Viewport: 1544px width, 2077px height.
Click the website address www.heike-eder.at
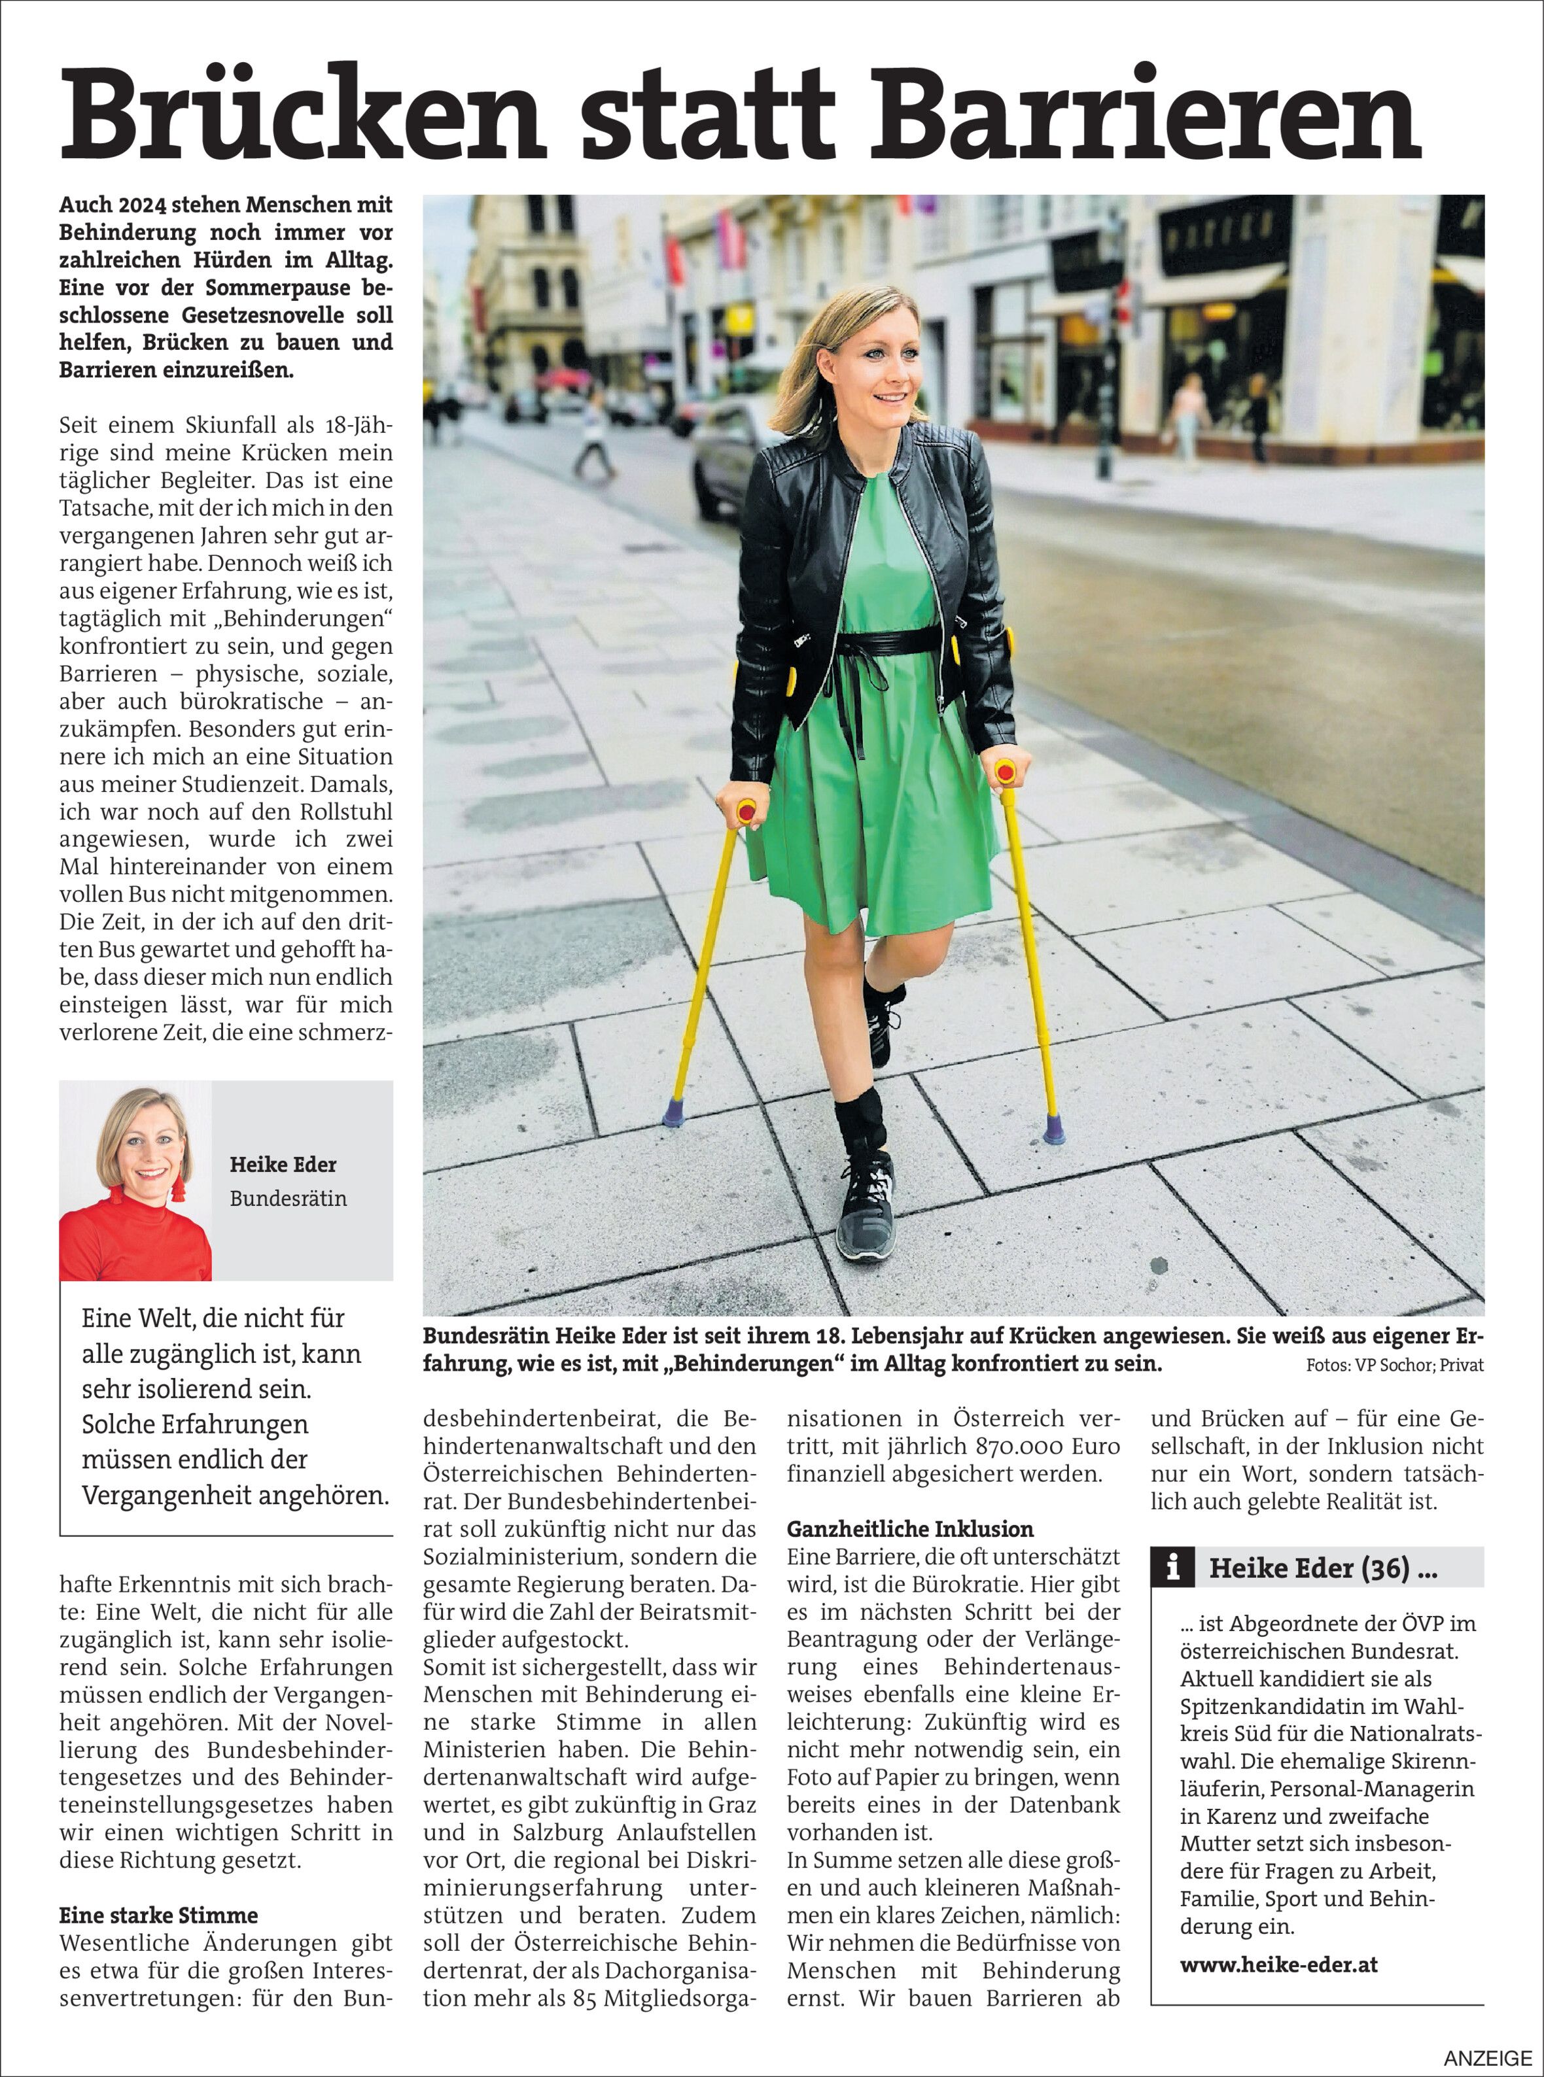1278,1964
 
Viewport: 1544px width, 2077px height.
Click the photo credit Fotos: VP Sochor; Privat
1394,1365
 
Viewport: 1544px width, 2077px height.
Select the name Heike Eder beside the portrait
283,1164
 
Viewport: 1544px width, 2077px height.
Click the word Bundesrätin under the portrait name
288,1198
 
